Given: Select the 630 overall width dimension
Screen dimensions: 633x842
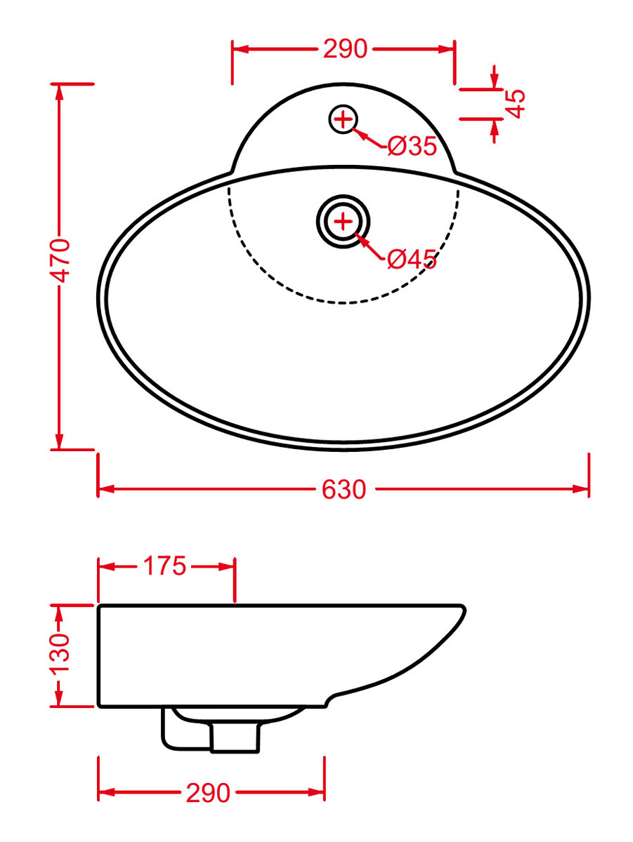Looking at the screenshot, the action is [344, 490].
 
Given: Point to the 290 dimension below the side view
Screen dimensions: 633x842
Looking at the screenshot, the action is [208, 792].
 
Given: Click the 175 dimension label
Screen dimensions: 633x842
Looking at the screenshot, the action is [164, 566].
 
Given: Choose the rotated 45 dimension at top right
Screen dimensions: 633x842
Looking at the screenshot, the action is [515, 104].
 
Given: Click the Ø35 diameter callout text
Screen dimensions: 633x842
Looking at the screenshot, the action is [412, 146].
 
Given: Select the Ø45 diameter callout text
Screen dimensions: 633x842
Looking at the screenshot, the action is [412, 260].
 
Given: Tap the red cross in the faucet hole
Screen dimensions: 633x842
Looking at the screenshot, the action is [343, 119].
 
